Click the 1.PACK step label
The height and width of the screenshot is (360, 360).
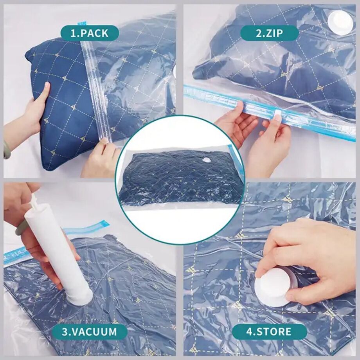tap(90, 33)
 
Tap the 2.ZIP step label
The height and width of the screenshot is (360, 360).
tap(270, 33)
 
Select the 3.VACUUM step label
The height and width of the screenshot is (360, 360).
tap(90, 332)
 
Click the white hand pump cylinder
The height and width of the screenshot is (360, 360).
tap(59, 250)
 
